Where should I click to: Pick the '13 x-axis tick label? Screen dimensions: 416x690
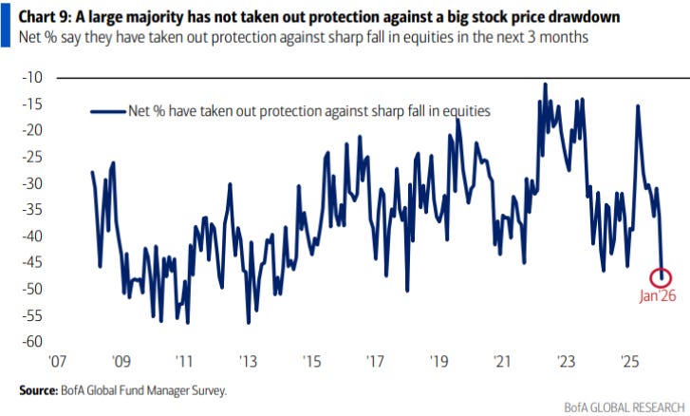[248, 362]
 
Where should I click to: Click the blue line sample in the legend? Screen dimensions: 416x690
[106, 110]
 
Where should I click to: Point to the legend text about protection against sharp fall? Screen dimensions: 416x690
[308, 110]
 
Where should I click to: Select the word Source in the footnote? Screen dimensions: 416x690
[39, 389]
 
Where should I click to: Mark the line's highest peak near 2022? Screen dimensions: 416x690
[545, 84]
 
